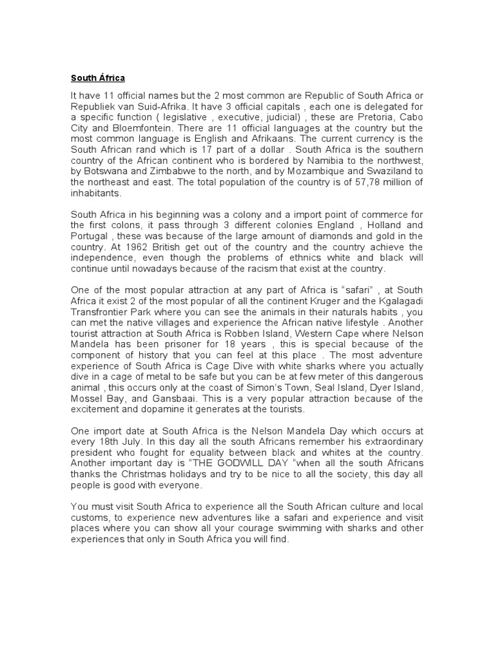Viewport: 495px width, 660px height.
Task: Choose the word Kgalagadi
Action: click(391, 301)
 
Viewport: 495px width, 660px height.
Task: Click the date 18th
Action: click(103, 442)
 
